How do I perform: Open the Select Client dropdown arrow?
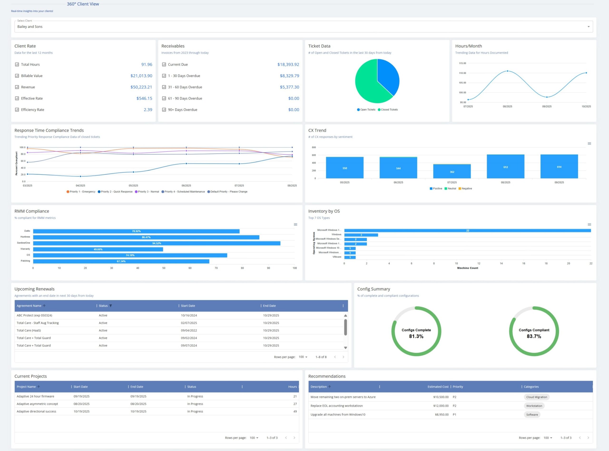click(588, 27)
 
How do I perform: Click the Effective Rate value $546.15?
click(144, 98)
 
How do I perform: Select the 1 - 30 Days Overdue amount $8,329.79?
click(289, 76)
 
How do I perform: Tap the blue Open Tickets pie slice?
click(388, 77)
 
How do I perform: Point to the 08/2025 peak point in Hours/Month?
click(507, 71)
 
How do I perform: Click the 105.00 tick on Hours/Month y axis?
click(462, 83)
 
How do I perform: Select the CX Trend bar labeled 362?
click(452, 172)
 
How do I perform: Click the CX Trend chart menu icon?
click(589, 144)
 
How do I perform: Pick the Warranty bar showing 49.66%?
click(98, 249)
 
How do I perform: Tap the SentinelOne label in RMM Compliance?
click(24, 243)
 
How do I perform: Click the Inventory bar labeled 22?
click(467, 231)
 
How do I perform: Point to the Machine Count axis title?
click(467, 268)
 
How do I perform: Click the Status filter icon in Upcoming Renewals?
click(111, 306)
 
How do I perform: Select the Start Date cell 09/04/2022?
click(189, 330)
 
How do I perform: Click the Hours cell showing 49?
click(295, 411)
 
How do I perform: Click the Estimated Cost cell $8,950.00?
click(442, 415)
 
